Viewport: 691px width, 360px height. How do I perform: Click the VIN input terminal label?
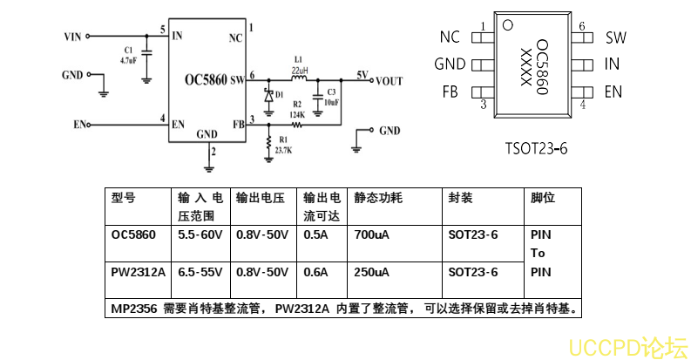72,37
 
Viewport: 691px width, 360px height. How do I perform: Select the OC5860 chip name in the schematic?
205,80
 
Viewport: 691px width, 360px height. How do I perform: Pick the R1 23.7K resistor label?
282,145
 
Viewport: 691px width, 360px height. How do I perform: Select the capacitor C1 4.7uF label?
128,55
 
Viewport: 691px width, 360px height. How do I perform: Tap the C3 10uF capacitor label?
330,97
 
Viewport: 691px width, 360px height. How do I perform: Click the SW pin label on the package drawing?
615,37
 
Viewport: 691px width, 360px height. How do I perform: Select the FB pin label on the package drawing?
451,92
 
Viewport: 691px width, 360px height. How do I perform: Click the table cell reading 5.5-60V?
200,235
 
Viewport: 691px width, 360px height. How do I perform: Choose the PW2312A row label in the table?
138,272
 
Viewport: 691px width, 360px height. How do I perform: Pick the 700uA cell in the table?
372,235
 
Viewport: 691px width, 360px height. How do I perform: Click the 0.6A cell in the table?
315,272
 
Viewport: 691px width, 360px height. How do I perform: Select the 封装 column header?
460,198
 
